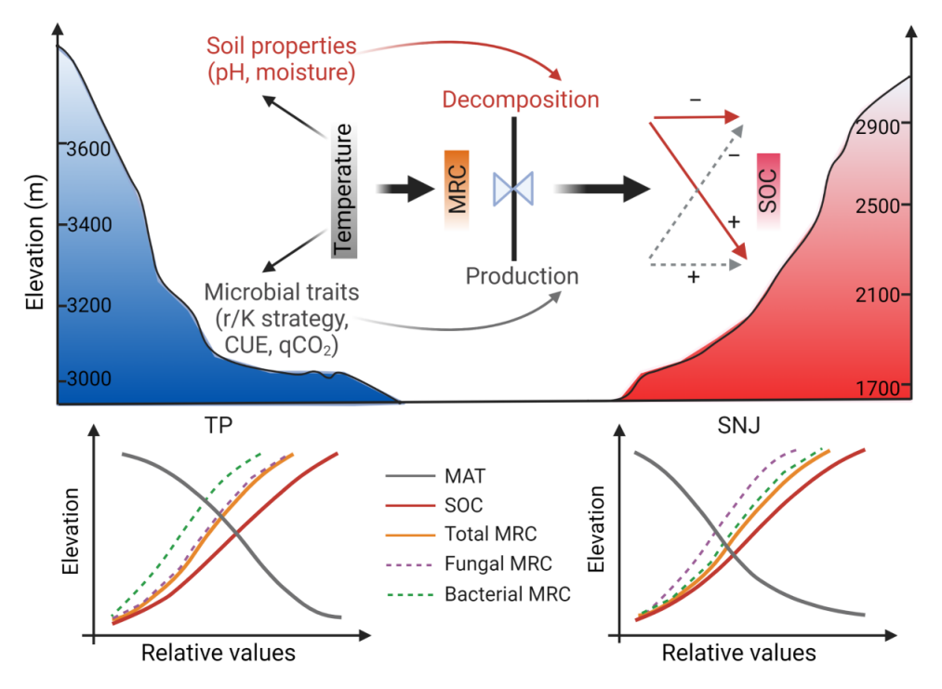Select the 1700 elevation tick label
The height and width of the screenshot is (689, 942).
click(883, 388)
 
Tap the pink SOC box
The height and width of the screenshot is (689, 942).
click(768, 190)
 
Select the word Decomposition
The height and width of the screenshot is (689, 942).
click(521, 99)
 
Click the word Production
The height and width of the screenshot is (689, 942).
click(522, 276)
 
